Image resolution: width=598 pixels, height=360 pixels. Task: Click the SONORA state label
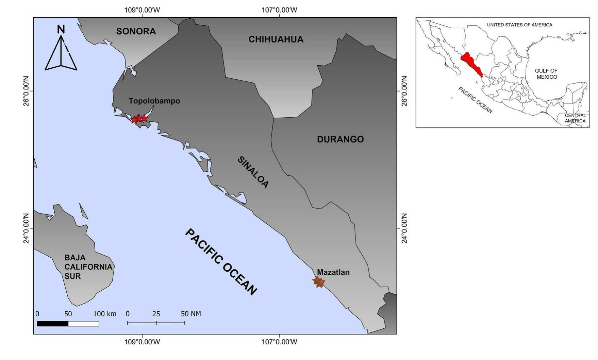(136, 31)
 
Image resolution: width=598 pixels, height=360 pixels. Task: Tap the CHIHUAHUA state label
(276, 39)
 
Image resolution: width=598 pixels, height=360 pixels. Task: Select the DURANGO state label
(340, 139)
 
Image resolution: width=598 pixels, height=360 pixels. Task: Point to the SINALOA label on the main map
(253, 172)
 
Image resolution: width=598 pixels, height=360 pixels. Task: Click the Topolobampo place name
(154, 101)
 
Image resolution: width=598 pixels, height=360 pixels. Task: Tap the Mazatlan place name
(333, 272)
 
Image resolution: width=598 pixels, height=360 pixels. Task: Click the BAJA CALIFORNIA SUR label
(88, 267)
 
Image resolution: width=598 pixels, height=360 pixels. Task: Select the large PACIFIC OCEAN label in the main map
(221, 262)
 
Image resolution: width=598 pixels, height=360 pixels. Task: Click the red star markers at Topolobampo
(139, 119)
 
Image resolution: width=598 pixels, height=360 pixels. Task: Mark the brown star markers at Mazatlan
(319, 282)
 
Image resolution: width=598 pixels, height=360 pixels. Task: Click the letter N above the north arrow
(61, 30)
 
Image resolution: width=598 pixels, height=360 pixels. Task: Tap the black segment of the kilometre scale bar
(53, 324)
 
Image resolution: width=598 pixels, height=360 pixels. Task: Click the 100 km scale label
(104, 314)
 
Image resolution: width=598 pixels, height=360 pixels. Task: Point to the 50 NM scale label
(191, 314)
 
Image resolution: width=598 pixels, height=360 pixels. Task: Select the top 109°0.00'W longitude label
(142, 10)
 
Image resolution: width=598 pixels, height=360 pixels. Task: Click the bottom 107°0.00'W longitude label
(279, 342)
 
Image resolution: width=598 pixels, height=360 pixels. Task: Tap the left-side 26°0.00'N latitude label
(26, 91)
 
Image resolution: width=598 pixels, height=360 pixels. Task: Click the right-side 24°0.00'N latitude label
(404, 228)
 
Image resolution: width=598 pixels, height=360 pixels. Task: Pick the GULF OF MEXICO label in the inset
(546, 74)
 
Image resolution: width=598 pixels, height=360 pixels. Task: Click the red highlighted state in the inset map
(471, 64)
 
